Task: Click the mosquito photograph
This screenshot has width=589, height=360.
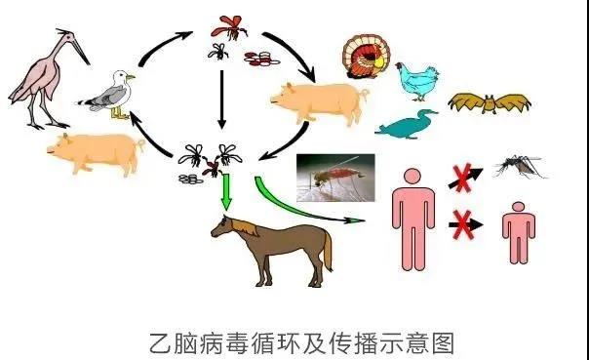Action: point(335,181)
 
